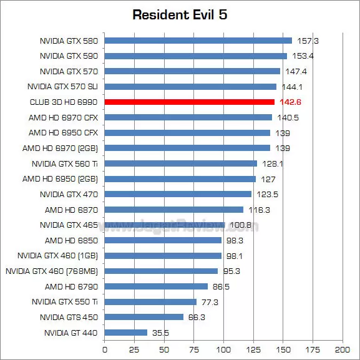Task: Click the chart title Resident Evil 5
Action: click(180, 14)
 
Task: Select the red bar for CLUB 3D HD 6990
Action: click(189, 102)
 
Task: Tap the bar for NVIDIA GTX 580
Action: click(198, 41)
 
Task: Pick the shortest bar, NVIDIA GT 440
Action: click(125, 333)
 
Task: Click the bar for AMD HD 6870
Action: click(173, 210)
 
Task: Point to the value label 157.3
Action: click(308, 41)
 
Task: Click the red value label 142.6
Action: click(290, 102)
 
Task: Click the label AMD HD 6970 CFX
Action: click(63, 117)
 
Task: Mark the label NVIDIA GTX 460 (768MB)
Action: click(52, 271)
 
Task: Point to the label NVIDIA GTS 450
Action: click(69, 317)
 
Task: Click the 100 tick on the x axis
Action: click(223, 349)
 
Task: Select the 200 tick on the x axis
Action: click(343, 349)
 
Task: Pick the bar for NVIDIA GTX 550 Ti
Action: click(150, 302)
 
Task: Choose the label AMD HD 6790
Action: click(71, 286)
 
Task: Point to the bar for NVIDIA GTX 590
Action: click(195, 56)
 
